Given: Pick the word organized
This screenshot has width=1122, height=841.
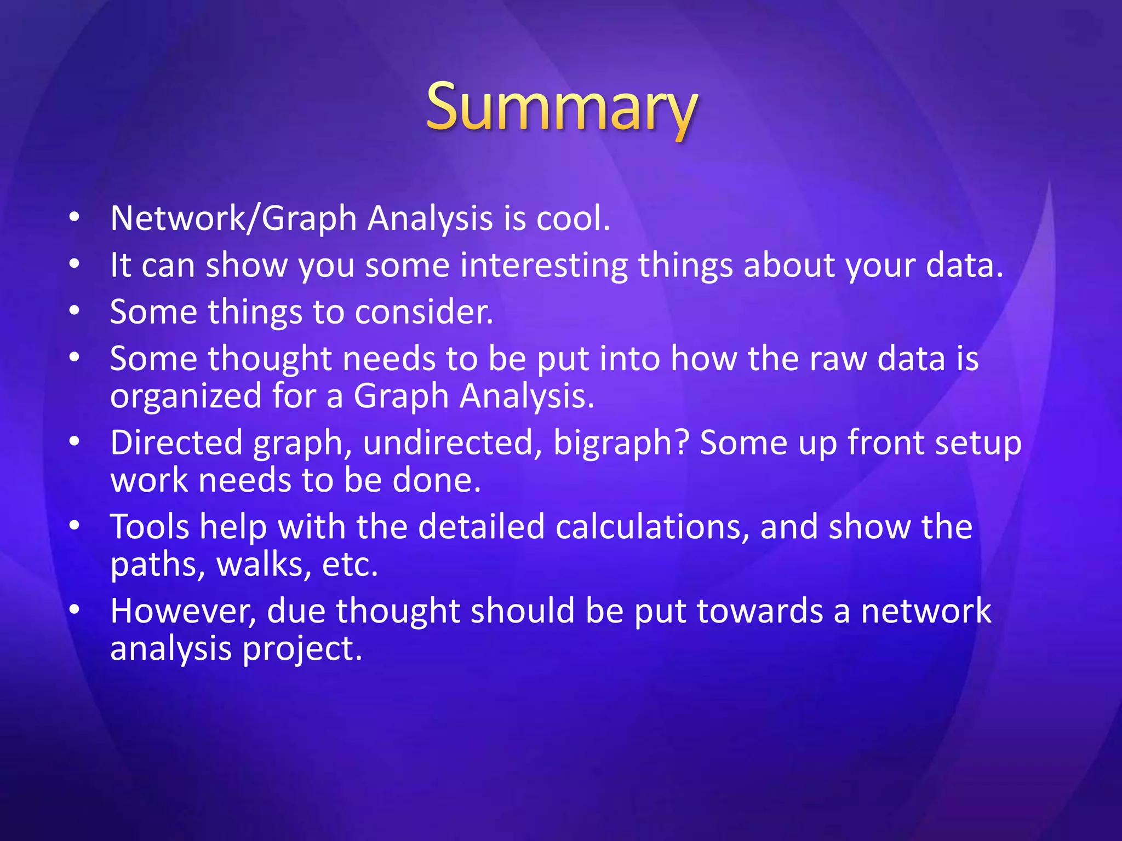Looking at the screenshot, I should pyautogui.click(x=186, y=396).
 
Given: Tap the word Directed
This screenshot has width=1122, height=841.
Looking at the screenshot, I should pyautogui.click(x=176, y=443).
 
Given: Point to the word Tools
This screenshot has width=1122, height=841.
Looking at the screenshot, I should pyautogui.click(x=149, y=527).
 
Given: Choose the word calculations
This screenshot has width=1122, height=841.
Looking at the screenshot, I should pyautogui.click(x=652, y=527).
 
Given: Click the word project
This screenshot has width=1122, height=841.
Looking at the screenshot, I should pyautogui.click(x=302, y=650).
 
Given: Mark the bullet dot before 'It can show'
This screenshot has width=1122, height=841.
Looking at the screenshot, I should pyautogui.click(x=75, y=265).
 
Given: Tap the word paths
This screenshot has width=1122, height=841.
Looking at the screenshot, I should pyautogui.click(x=158, y=566).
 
